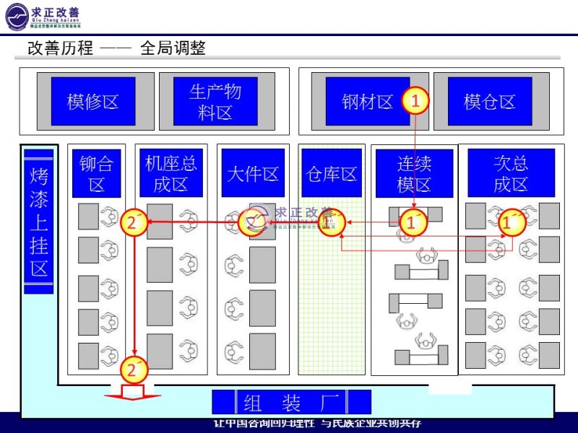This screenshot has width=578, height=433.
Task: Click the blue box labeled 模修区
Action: tap(92, 101)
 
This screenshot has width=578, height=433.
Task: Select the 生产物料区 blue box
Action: tap(215, 101)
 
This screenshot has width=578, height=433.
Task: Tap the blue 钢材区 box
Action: tap(367, 101)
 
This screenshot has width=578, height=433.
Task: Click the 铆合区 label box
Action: tap(97, 173)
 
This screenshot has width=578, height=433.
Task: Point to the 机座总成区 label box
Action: tap(171, 173)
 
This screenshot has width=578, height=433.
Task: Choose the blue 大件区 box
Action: tap(253, 173)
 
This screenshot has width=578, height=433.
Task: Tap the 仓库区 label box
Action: tap(331, 173)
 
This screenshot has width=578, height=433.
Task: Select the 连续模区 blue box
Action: tap(414, 173)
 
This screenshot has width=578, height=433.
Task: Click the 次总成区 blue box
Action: tap(511, 172)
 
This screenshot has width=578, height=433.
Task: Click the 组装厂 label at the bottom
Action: tap(292, 402)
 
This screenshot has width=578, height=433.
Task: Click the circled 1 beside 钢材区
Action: tap(415, 101)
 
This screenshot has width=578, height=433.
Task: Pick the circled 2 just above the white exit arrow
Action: tap(131, 370)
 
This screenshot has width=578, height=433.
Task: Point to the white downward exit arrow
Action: tap(132, 393)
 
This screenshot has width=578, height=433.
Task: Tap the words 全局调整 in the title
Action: tap(173, 48)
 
